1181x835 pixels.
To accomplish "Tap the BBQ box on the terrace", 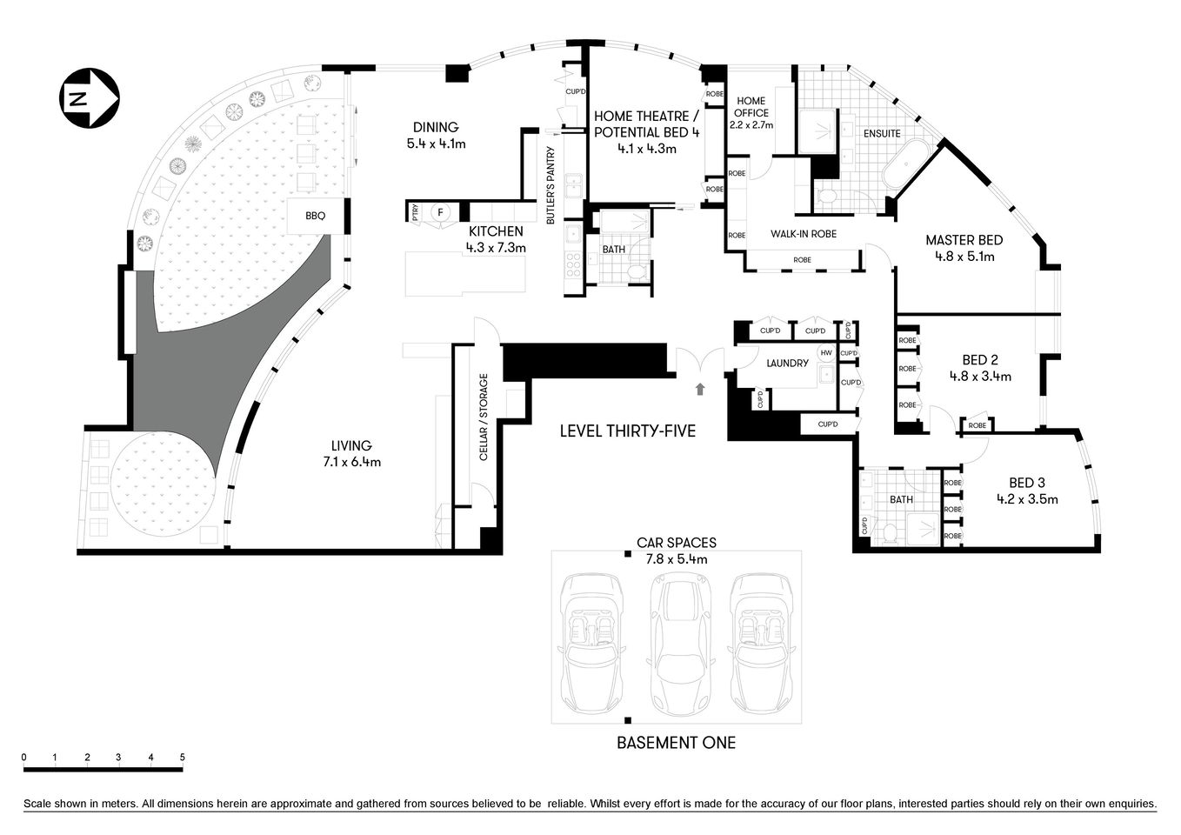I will [x=315, y=215].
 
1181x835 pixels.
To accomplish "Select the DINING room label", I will [x=436, y=128].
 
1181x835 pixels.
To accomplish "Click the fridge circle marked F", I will [x=440, y=211].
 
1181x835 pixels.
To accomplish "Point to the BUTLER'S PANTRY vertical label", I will [x=550, y=186].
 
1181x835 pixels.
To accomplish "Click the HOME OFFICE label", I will [x=751, y=107].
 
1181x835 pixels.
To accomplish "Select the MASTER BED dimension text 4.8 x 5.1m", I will [x=964, y=257].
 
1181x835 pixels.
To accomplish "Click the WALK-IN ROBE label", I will [x=803, y=234].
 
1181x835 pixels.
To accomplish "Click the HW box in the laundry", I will [x=825, y=353].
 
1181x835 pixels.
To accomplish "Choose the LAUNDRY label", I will [x=788, y=363].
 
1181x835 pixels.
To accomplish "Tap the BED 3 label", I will [x=1027, y=483].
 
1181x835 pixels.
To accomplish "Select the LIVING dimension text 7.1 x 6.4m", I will [x=350, y=462].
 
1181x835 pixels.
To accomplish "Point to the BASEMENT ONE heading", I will [x=676, y=743].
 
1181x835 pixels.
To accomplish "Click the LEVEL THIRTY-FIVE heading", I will [x=627, y=431].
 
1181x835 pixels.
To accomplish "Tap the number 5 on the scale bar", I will [x=183, y=757].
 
